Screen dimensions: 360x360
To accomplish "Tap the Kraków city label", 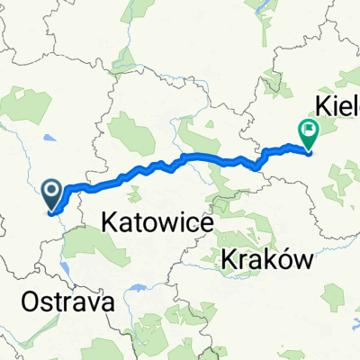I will pyautogui.click(x=266, y=260).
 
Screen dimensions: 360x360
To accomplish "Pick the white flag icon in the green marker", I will pyautogui.click(x=309, y=130).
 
